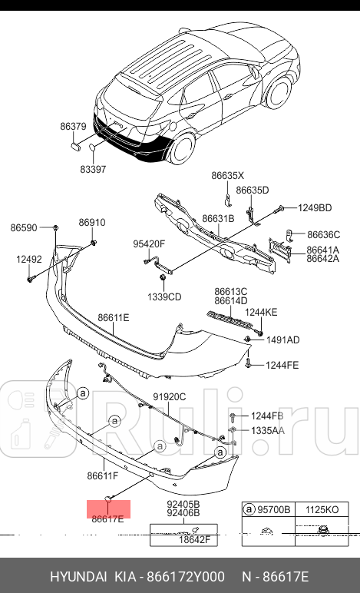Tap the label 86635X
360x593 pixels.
(x=228, y=175)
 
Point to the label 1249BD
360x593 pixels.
(x=315, y=208)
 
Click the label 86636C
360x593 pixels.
(x=323, y=234)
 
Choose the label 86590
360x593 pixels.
(x=24, y=227)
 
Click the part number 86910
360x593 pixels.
(x=91, y=223)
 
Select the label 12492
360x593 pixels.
(x=29, y=260)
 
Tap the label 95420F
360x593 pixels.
(x=149, y=244)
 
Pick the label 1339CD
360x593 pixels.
(x=165, y=296)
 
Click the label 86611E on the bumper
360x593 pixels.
(x=113, y=317)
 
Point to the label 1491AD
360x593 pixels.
(x=282, y=340)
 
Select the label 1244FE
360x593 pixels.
(x=282, y=365)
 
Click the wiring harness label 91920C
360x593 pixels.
(x=170, y=396)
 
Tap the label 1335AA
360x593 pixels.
(x=267, y=430)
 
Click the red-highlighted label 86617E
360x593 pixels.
(x=108, y=518)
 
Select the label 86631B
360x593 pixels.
(x=218, y=219)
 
